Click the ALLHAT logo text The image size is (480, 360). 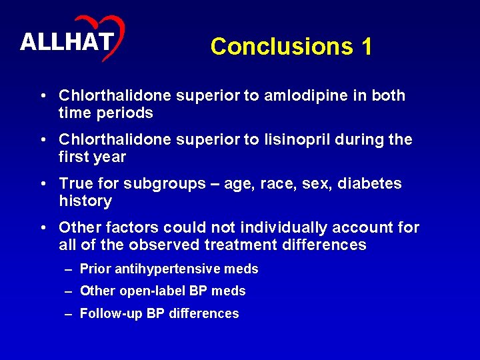(x=65, y=42)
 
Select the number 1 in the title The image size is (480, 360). (x=366, y=47)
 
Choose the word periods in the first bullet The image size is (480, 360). (x=125, y=113)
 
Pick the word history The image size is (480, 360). (x=85, y=201)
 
